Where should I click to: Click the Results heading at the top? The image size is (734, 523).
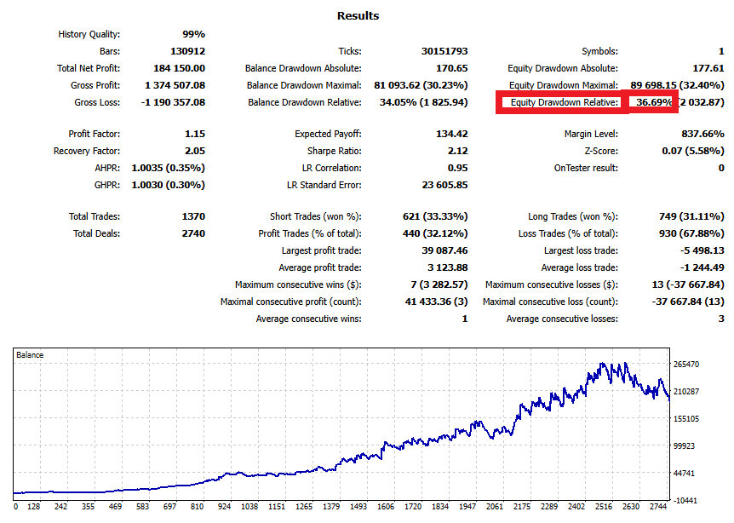click(x=358, y=15)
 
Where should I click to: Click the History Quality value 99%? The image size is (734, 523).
click(x=193, y=34)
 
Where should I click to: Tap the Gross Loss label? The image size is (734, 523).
click(x=97, y=102)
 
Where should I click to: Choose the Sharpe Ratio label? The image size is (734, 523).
click(x=334, y=151)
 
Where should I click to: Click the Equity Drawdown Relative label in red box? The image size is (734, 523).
click(x=563, y=102)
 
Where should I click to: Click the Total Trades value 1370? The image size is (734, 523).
click(x=192, y=216)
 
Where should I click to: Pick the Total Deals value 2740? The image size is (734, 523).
click(x=192, y=233)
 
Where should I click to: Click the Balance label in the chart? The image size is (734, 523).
click(x=30, y=354)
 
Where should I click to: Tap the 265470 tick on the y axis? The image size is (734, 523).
click(x=685, y=365)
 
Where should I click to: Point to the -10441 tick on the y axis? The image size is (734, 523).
click(x=685, y=500)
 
